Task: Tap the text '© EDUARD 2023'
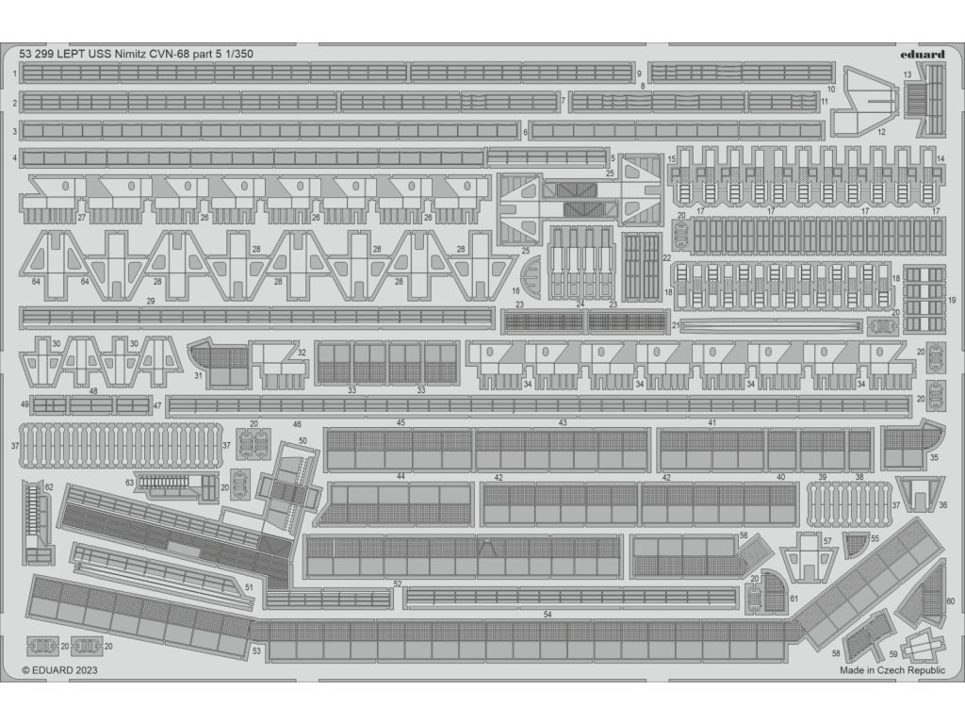[60, 670]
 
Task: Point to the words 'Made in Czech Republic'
[891, 670]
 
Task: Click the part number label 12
[881, 133]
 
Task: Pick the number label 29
[151, 302]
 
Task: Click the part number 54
[548, 615]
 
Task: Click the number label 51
[249, 587]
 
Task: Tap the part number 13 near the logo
[907, 74]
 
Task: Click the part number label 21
[677, 325]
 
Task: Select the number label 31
[199, 375]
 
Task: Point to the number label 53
[256, 650]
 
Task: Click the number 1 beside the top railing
[15, 74]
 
